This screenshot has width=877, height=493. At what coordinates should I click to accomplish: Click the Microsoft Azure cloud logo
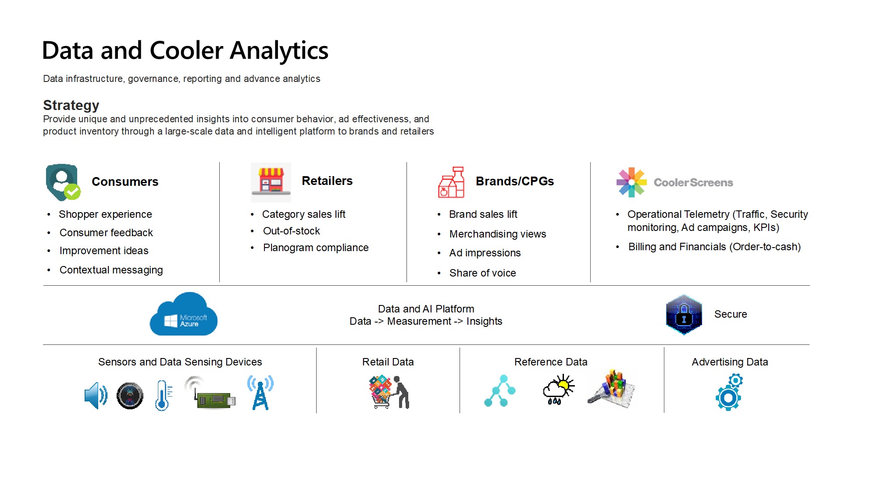(184, 315)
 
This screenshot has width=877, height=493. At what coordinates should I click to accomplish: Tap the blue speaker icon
(96, 395)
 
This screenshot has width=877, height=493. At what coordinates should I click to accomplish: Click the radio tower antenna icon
(260, 393)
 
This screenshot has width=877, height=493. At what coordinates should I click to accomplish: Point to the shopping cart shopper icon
(389, 392)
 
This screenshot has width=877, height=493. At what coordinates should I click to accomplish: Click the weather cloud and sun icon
(558, 390)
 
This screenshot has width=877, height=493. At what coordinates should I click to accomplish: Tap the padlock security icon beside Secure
(684, 315)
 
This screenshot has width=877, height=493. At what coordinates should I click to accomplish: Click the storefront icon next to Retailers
(271, 182)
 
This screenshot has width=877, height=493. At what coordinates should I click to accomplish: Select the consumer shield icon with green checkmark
(63, 182)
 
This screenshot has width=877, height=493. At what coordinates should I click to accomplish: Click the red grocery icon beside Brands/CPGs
(451, 182)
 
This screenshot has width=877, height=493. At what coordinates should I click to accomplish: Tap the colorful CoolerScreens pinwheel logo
(631, 182)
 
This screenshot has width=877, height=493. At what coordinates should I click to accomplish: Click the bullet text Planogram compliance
(316, 248)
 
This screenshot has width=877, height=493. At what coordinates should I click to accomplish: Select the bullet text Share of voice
(482, 273)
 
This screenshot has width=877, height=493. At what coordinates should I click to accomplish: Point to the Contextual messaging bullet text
(111, 270)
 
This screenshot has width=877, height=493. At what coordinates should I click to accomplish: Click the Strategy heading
(71, 105)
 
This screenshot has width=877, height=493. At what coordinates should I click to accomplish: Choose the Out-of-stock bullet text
(291, 231)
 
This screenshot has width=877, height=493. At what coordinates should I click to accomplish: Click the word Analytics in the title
(279, 50)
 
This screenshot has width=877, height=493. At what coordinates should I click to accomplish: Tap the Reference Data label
(550, 362)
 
